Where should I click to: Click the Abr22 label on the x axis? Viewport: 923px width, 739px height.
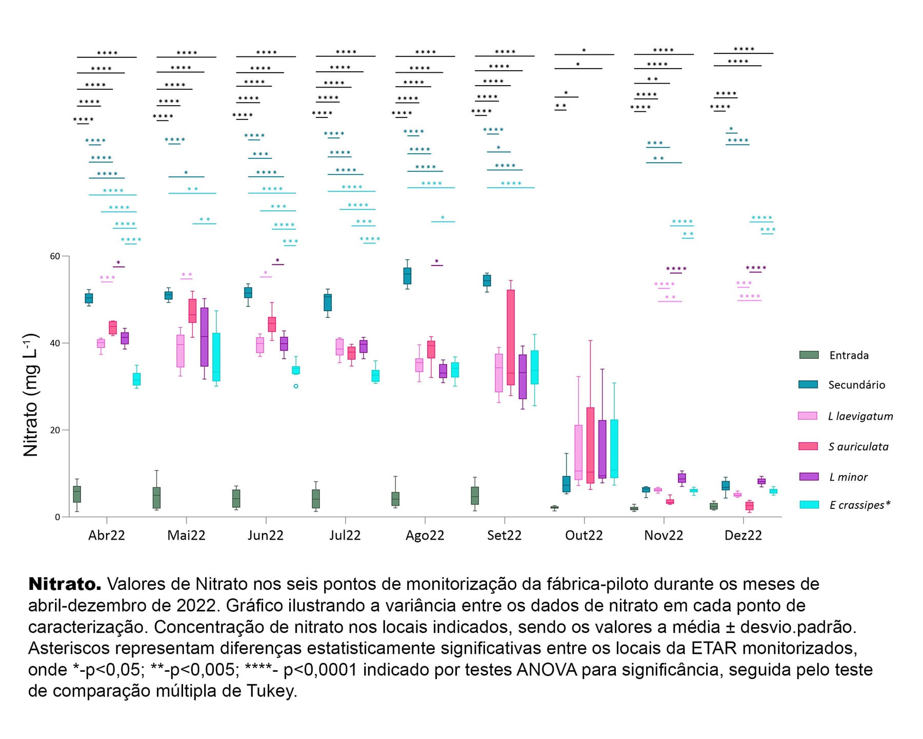tap(107, 536)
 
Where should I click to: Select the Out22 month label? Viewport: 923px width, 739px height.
tap(584, 536)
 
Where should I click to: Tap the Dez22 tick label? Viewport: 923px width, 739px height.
tap(743, 536)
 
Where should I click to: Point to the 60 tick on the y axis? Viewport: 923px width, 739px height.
tap(55, 256)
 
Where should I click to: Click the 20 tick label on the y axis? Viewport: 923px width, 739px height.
tap(55, 430)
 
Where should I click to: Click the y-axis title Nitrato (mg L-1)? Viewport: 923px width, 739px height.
tap(31, 395)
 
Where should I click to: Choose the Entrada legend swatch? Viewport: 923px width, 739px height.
tap(809, 355)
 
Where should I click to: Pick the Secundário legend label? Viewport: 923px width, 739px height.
tap(856, 385)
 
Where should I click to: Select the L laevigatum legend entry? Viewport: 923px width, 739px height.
tap(860, 416)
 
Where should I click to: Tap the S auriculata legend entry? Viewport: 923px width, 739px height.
tap(858, 446)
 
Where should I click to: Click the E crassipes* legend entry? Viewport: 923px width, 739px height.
tap(859, 505)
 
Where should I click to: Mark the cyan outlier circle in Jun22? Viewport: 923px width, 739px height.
tap(296, 386)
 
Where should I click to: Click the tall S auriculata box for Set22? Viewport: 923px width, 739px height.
tap(511, 337)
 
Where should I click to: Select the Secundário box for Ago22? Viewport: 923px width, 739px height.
tap(407, 276)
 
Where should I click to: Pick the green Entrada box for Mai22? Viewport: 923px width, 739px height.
tap(157, 498)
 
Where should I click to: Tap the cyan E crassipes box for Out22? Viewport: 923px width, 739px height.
tap(614, 448)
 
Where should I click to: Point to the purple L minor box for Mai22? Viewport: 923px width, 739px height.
tap(204, 337)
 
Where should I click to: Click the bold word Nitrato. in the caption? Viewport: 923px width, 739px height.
tap(65, 584)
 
